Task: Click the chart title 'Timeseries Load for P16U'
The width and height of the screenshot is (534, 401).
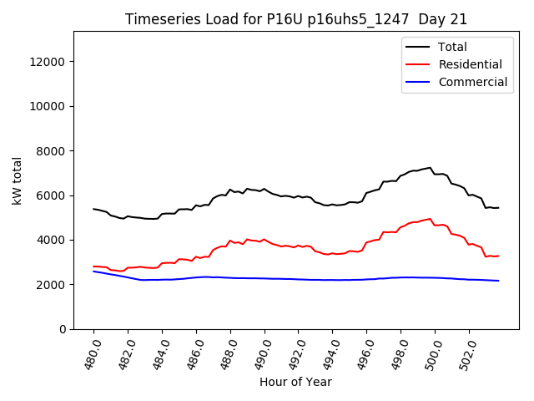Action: click(x=296, y=18)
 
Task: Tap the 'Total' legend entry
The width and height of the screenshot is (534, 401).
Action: click(x=453, y=47)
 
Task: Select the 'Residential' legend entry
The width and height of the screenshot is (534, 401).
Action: click(x=471, y=64)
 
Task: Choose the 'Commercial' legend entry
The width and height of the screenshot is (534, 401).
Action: click(x=473, y=82)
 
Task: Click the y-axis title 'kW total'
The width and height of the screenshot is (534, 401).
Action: click(x=18, y=180)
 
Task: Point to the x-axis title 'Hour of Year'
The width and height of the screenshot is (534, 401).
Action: click(x=295, y=382)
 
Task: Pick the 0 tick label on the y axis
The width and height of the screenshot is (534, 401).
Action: click(x=63, y=329)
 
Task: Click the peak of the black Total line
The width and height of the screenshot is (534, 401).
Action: click(x=430, y=167)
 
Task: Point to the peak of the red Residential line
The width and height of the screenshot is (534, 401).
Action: click(x=430, y=219)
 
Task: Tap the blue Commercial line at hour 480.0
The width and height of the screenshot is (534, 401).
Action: click(x=93, y=271)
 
